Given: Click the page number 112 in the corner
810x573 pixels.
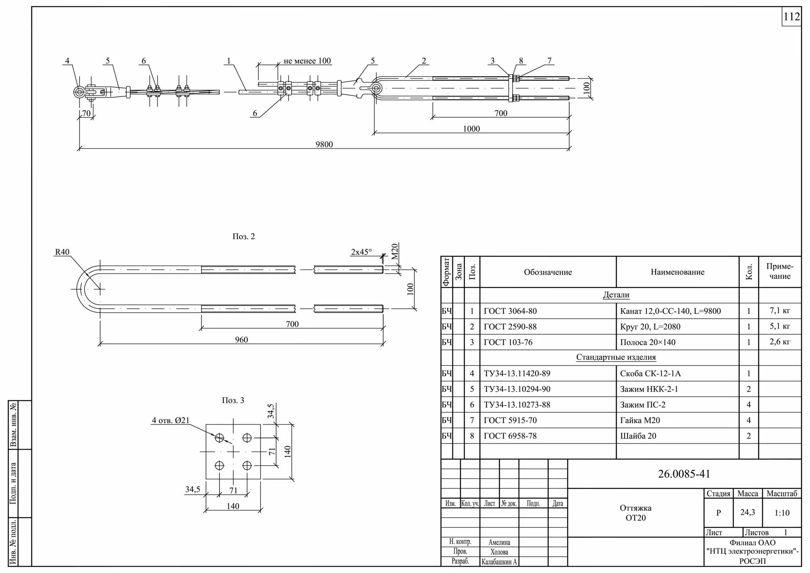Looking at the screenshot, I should [791, 17].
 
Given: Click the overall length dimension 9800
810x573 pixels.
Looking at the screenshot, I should [324, 145].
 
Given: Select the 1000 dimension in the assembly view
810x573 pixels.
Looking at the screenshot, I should [471, 129].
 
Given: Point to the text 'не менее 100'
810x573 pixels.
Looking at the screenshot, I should [307, 61].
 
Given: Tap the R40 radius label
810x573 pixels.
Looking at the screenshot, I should [62, 252].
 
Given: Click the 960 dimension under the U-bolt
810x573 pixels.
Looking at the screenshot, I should [241, 340].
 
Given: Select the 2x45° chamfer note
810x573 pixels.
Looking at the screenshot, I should [361, 252].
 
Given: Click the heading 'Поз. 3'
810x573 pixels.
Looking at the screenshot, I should [233, 400].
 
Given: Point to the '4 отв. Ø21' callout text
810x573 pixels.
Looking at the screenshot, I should [171, 421].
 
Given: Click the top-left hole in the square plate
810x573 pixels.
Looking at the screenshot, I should [220, 438].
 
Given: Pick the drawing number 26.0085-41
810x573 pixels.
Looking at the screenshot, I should [684, 474].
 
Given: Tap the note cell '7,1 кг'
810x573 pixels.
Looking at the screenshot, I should [780, 311].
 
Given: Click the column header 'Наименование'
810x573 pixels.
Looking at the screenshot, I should [677, 272].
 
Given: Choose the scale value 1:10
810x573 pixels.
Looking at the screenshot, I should [782, 513].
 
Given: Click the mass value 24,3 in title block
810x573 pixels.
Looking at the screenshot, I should [747, 512].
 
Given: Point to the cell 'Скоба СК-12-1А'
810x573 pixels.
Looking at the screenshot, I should [650, 374].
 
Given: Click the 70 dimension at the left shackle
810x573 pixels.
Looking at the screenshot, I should [86, 113].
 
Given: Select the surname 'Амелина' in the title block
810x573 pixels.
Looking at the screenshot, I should [499, 542].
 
